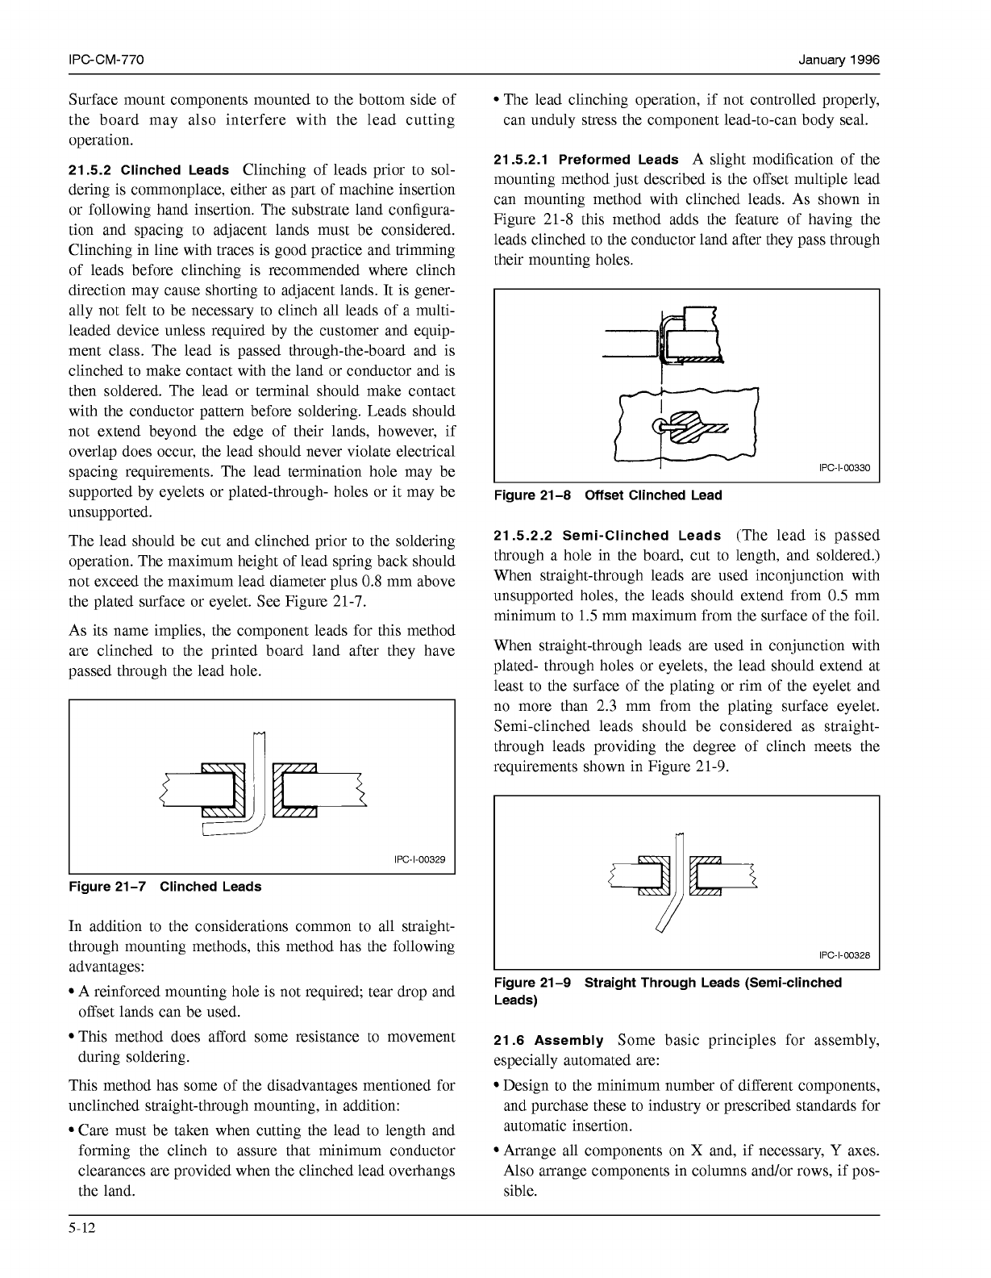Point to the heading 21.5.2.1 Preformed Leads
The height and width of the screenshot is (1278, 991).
[586, 160]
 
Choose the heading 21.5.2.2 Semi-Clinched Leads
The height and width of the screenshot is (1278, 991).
[607, 536]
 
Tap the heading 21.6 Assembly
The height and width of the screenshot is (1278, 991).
[548, 1041]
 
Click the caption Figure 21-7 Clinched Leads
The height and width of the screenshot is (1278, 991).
[165, 887]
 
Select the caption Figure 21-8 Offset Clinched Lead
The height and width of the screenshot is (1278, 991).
[607, 495]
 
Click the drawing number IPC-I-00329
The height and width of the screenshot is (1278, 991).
[419, 859]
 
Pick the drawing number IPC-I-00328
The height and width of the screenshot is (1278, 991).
[844, 955]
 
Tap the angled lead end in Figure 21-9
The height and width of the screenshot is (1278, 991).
[662, 928]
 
